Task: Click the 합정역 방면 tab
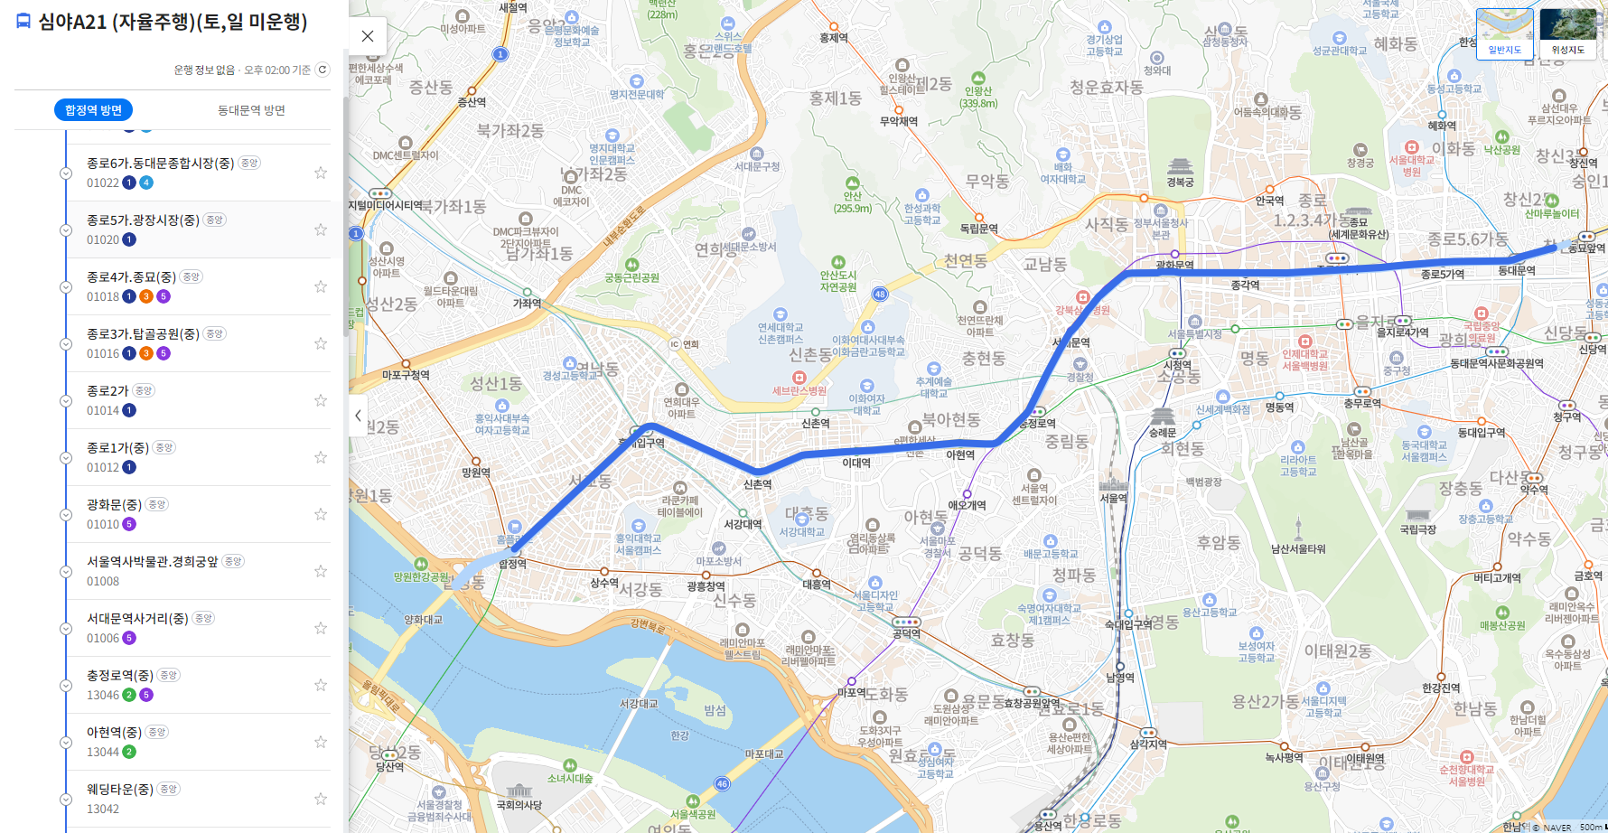coord(93,110)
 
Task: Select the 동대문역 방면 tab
coord(251,110)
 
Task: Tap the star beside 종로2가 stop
coord(321,400)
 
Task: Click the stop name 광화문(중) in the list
coord(114,504)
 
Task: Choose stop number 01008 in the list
coord(103,582)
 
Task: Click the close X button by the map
coord(368,36)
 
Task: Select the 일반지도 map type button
coord(1504,34)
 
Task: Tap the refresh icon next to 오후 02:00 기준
coord(323,70)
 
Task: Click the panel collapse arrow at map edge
coord(358,416)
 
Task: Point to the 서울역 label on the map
coord(1113,498)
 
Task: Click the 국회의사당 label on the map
coord(519,804)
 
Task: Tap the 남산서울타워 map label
coord(1298,548)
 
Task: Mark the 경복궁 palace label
coord(1180,182)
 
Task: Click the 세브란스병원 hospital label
coord(799,390)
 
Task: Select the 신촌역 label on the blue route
coord(757,484)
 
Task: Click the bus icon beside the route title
coord(23,22)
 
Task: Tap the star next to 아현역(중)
coord(321,742)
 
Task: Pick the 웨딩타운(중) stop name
coord(119,789)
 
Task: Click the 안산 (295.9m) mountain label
coord(852,201)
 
